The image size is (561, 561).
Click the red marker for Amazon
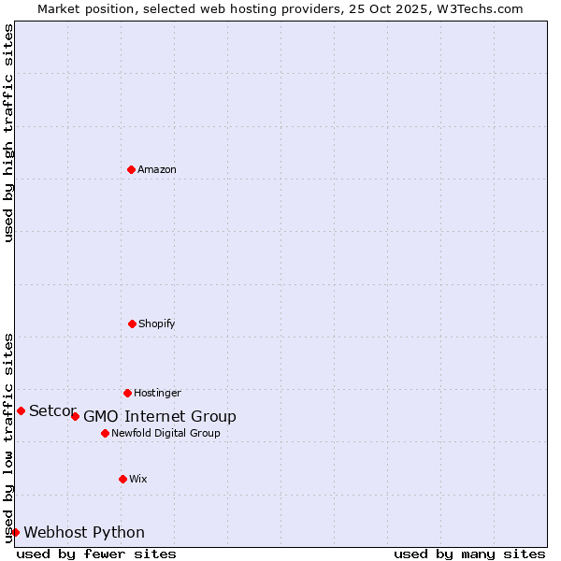(x=131, y=169)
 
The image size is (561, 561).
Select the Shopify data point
(x=132, y=324)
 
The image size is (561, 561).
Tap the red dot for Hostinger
(x=127, y=393)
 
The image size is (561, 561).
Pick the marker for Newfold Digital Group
(x=105, y=433)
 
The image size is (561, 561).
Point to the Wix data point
(x=122, y=479)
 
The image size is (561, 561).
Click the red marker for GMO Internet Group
(x=75, y=416)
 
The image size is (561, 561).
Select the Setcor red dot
(x=21, y=410)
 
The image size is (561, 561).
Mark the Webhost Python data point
(x=15, y=532)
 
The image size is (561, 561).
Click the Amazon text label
(x=157, y=169)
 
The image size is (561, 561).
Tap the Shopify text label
(x=157, y=324)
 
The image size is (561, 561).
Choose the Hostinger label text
(x=157, y=393)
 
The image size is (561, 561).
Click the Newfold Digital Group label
(x=165, y=433)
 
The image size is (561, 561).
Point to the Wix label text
(x=138, y=479)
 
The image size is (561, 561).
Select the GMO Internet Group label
(x=160, y=417)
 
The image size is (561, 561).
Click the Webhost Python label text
(x=84, y=533)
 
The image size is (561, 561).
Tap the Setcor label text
(x=52, y=411)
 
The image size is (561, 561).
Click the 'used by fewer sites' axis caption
(x=96, y=554)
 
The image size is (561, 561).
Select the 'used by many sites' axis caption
(x=469, y=554)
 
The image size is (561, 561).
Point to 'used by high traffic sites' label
(x=9, y=133)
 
